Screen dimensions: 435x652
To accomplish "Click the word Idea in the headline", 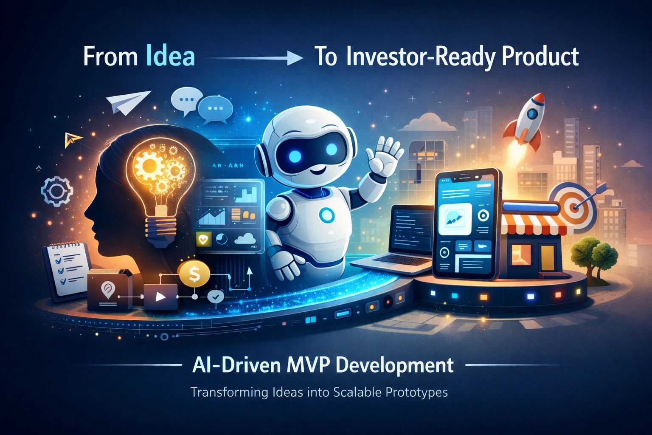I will (170, 57).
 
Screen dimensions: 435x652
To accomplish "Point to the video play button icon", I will (160, 297).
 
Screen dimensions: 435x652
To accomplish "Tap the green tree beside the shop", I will (587, 254).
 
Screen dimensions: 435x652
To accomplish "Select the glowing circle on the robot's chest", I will (326, 216).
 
